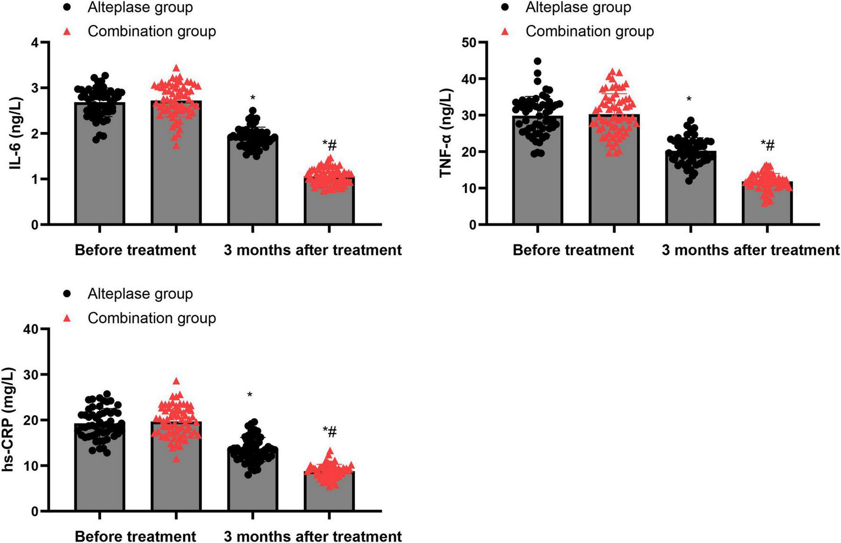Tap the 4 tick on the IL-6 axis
pos(34,43)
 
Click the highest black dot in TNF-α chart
pos(537,61)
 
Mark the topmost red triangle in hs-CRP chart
pos(176,381)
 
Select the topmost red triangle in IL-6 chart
pos(176,68)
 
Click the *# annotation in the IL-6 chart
pos(329,143)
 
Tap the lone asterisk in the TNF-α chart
pos(689,99)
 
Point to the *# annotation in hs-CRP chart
pos(329,431)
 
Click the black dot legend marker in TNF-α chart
pos(505,8)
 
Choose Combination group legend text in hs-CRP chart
pos(151,318)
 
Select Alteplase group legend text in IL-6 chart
pos(140,8)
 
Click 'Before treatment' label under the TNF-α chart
pos(573,250)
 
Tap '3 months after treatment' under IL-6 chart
pos(312,250)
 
